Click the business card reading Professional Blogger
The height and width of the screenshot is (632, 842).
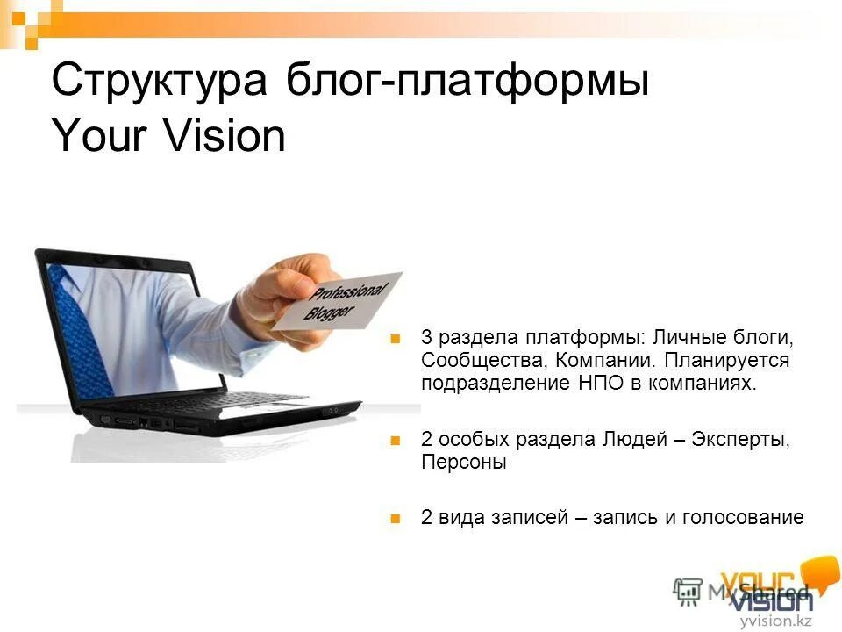point(337,301)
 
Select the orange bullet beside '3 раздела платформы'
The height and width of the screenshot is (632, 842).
point(396,338)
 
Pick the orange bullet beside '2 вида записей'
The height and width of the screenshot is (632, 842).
point(396,518)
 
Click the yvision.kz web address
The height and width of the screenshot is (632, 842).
point(775,621)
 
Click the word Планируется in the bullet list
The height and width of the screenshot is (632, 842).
point(727,361)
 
